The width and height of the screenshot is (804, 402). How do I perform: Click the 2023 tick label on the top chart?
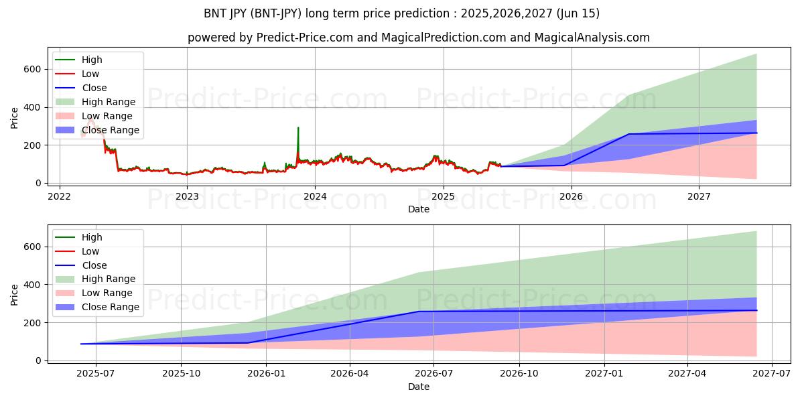coord(187,196)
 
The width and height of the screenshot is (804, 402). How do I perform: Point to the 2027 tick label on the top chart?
coord(699,196)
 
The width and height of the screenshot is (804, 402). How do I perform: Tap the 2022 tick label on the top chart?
coord(60,196)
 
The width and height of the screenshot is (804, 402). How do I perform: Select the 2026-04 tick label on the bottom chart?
coord(350,374)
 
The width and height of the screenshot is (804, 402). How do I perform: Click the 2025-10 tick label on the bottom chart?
coord(182,374)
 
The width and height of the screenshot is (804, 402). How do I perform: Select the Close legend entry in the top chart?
coord(94,88)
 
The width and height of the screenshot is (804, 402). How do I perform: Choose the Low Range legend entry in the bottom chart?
coord(107,293)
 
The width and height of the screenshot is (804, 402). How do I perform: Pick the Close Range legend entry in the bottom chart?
coord(111,308)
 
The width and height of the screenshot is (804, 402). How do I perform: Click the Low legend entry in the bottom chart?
coord(90,251)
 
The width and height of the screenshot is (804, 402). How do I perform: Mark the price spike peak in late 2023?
coord(298,127)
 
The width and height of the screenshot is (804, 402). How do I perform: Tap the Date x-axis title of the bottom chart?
coord(419,387)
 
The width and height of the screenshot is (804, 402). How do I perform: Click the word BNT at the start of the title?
coord(216,13)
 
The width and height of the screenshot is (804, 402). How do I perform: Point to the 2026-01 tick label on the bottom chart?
coord(266,374)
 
